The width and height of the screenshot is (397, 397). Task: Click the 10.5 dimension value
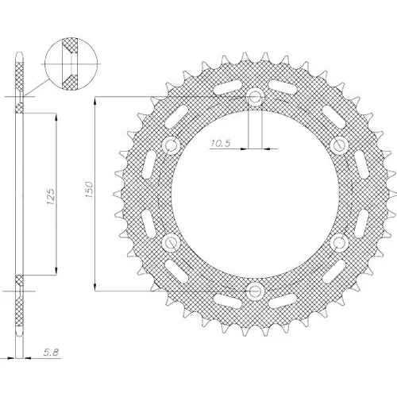coord(221,143)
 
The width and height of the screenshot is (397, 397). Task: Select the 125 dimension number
coord(51,197)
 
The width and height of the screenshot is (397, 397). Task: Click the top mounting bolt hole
coord(255,96)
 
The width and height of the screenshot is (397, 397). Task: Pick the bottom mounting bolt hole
coord(255,291)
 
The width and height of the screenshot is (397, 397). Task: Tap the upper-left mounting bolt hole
coord(171,145)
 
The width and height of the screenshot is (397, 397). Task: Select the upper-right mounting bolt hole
coord(339,145)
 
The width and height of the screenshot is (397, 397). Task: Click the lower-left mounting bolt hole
coord(171,242)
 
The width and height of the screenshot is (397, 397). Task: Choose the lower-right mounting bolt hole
coord(339,242)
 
